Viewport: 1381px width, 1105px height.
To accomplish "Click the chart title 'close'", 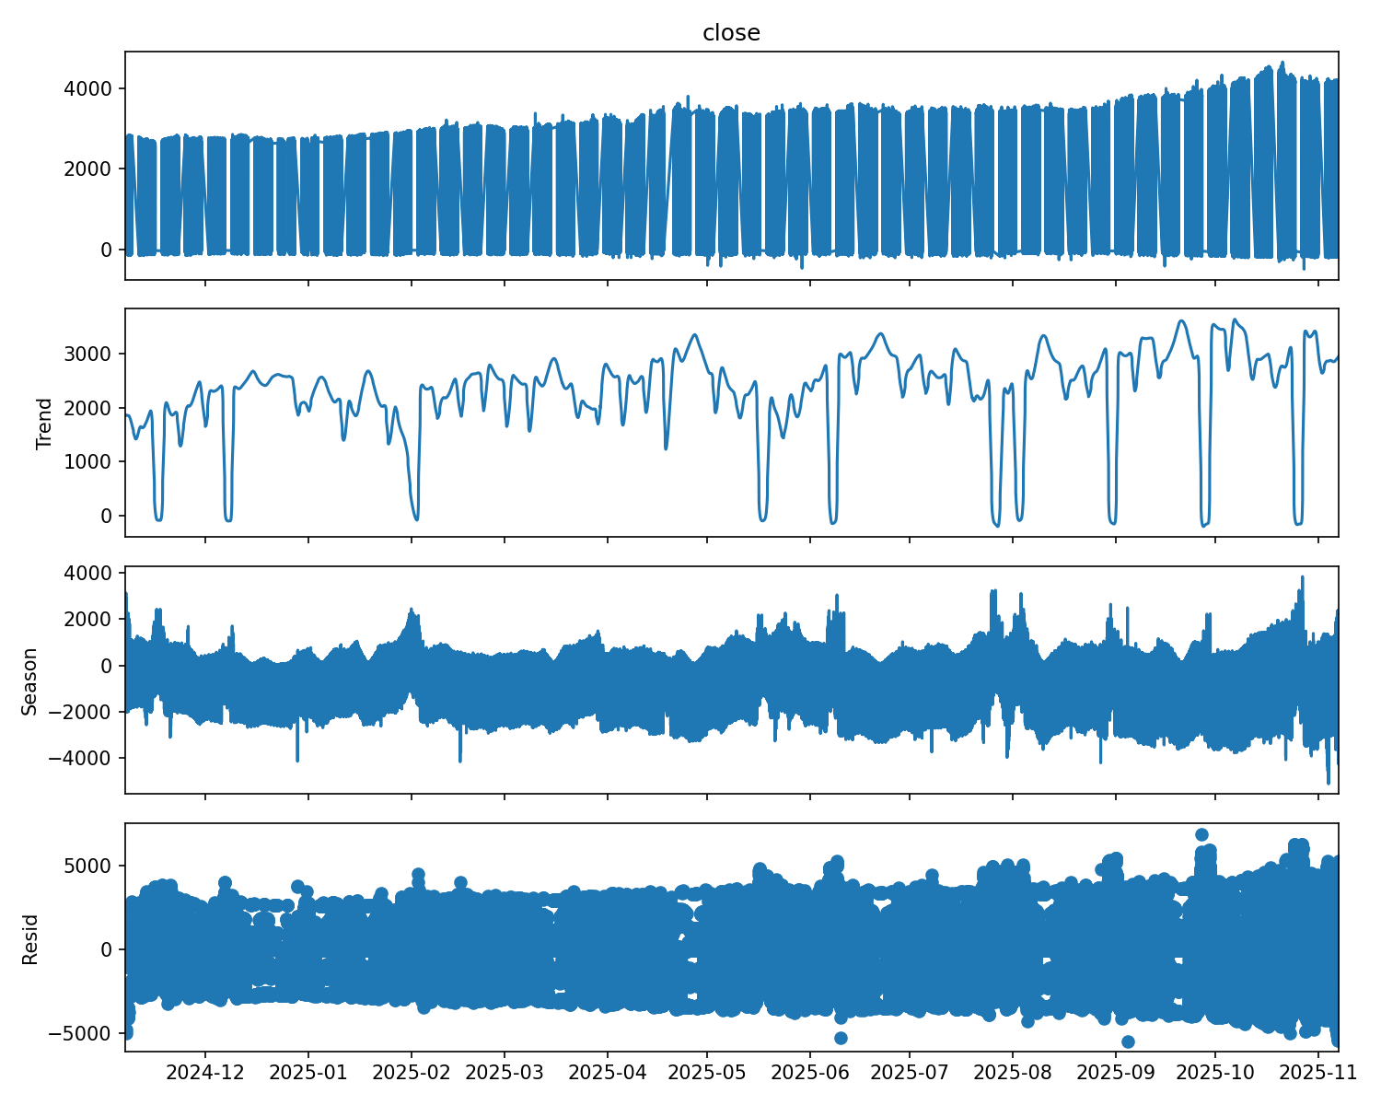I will (x=731, y=33).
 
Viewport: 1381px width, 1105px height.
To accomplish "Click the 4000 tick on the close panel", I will (x=94, y=88).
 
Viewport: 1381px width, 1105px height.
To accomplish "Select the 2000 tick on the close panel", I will (x=94, y=169).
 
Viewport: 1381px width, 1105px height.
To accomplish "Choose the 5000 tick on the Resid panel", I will (x=94, y=866).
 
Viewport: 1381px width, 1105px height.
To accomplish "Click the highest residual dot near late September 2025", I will (x=1201, y=834).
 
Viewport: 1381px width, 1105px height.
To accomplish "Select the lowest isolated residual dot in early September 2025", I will (x=1128, y=1041).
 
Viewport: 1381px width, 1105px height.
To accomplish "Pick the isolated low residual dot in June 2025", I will (x=841, y=1038).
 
